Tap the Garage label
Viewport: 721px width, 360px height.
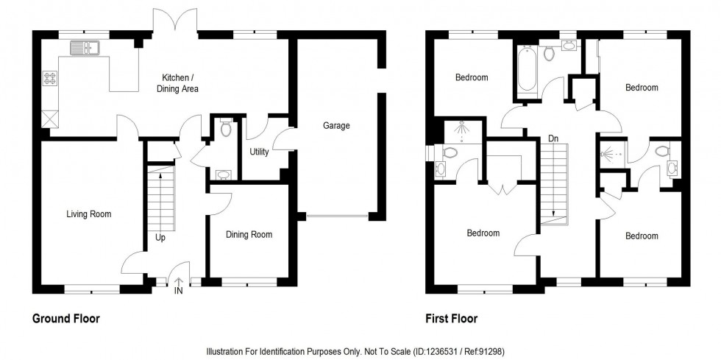[x=336, y=126]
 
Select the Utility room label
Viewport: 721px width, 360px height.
[x=259, y=152]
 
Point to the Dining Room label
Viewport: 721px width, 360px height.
[x=249, y=235]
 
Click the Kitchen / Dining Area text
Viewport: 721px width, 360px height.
[x=177, y=82]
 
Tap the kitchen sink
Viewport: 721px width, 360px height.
[x=85, y=49]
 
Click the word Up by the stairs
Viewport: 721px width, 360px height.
[x=160, y=238]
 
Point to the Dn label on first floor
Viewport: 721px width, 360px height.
[x=552, y=136]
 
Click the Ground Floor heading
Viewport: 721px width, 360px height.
[x=66, y=319]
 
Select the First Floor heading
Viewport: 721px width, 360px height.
[x=451, y=319]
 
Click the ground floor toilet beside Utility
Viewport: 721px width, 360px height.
[x=226, y=130]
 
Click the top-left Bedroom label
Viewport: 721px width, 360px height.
[x=472, y=77]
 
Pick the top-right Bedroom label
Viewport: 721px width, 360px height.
[x=642, y=88]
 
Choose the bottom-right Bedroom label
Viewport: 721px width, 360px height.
[x=642, y=236]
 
